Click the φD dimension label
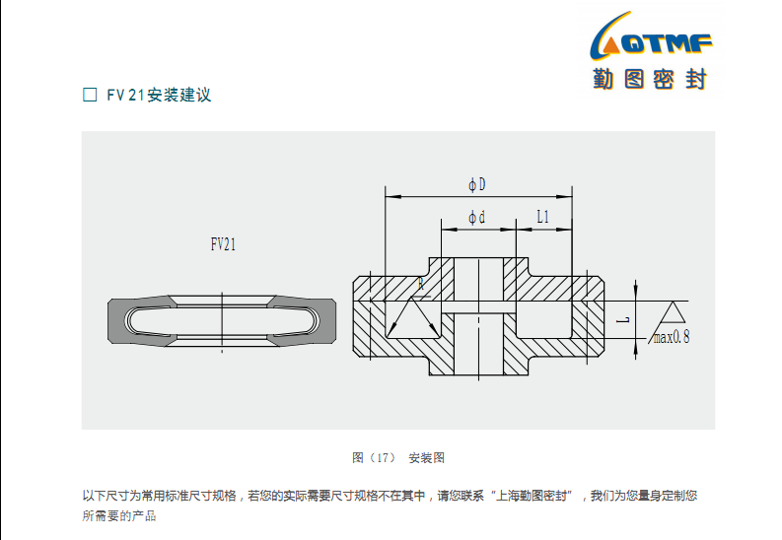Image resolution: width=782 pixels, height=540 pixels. (477, 184)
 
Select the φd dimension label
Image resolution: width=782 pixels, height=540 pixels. (476, 217)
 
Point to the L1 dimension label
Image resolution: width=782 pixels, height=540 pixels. (542, 217)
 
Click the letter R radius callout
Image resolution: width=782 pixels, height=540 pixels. (420, 284)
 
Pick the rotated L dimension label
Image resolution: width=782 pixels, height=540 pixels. (622, 320)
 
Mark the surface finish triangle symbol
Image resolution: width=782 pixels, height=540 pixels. (674, 312)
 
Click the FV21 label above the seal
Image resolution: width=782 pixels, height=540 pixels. (223, 245)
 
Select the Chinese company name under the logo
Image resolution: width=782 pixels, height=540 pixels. (650, 80)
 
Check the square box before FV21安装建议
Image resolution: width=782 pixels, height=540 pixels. (89, 96)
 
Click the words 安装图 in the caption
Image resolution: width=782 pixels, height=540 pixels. (426, 458)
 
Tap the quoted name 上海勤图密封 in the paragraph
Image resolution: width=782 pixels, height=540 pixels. (528, 496)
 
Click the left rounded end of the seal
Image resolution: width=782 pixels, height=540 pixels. (117, 321)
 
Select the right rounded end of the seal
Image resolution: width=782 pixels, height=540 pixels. (329, 321)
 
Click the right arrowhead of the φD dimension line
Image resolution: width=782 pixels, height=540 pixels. (568, 195)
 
